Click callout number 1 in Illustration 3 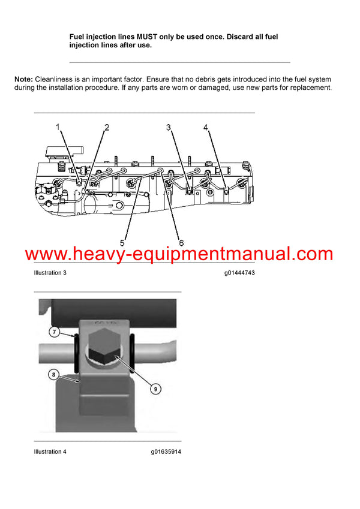58,127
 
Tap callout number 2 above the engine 107,127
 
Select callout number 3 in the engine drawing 169,127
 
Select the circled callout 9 155,389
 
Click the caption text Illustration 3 50,273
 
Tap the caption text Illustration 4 50,451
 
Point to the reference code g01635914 166,451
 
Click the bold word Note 23,79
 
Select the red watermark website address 179,254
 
